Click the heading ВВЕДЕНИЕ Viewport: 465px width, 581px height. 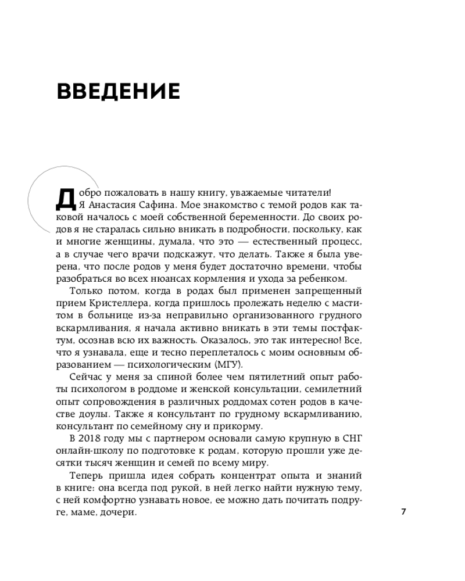(119, 92)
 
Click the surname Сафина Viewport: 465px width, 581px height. (154, 205)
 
